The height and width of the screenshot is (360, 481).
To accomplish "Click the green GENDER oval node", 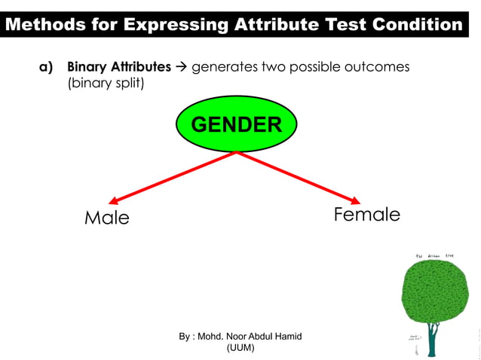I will pyautogui.click(x=237, y=124).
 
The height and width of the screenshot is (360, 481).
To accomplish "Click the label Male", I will pyautogui.click(x=106, y=218).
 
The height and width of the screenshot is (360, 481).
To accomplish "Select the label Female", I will pyautogui.click(x=366, y=215).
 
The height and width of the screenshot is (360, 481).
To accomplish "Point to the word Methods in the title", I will pyautogui.click(x=41, y=25).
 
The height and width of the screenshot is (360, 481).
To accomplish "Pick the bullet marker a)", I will pyautogui.click(x=46, y=67).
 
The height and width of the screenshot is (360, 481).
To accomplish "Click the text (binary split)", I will pyautogui.click(x=106, y=83).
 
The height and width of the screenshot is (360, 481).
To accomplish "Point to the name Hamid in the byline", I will pyautogui.click(x=286, y=336).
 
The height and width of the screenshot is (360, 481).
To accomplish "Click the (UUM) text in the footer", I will pyautogui.click(x=240, y=348).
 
